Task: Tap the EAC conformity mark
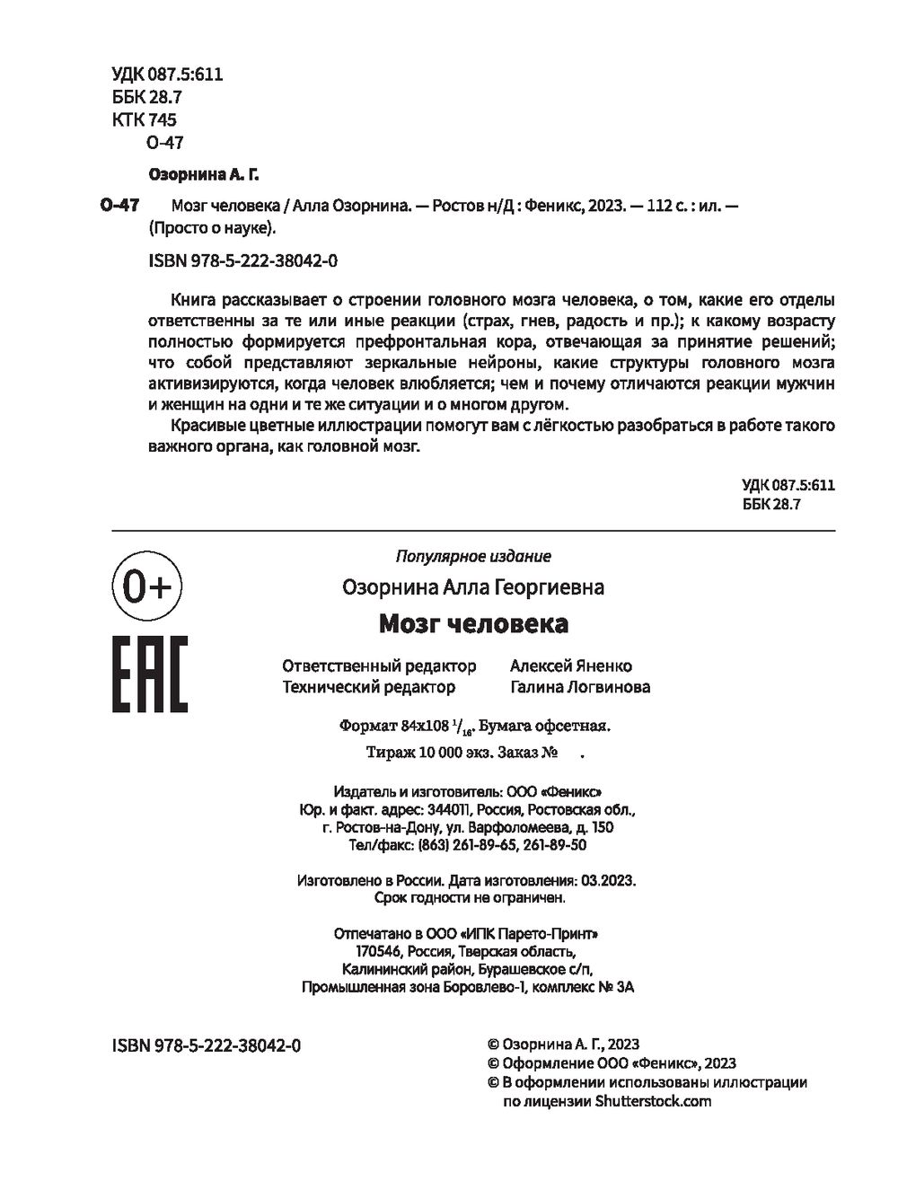click(148, 674)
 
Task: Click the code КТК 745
click(145, 119)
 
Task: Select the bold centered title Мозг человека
click(472, 622)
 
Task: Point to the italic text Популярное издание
click(473, 556)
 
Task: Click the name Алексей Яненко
click(571, 665)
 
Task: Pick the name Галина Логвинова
click(580, 687)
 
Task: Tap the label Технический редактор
click(368, 687)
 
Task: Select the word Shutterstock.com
click(652, 1101)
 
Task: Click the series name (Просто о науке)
click(212, 227)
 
